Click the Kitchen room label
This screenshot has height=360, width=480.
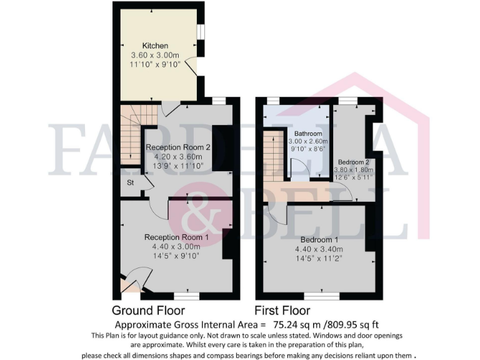click(155, 46)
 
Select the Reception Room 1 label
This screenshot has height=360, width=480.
click(176, 237)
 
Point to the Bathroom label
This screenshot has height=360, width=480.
click(308, 134)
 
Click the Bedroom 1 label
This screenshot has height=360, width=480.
click(320, 240)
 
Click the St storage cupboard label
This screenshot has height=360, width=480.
click(131, 183)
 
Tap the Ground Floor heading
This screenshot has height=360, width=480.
click(148, 311)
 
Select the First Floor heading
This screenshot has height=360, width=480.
click(282, 311)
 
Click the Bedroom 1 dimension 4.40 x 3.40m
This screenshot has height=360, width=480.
click(320, 249)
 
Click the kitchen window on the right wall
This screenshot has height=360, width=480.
click(201, 31)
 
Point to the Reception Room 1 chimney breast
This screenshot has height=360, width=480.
click(227, 244)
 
